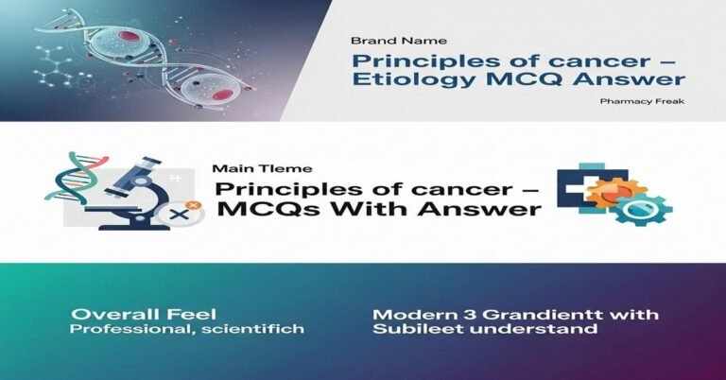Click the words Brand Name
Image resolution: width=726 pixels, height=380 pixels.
[386, 41]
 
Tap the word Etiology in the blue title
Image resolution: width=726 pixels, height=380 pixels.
[406, 80]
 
